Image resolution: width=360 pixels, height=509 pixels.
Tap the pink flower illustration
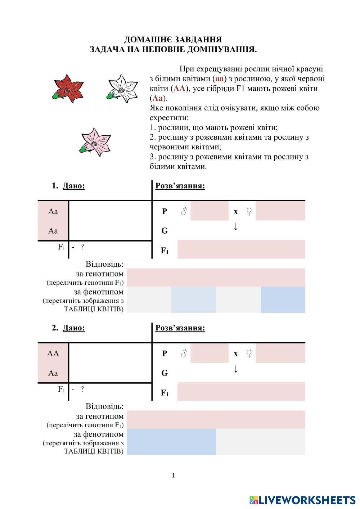[95, 142]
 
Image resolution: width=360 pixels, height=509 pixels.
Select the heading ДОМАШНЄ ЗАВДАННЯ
[173, 40]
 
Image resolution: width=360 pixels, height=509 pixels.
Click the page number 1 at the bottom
[173, 476]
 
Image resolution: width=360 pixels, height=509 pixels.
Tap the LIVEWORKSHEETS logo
[302, 500]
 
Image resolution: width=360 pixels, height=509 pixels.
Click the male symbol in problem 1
[184, 211]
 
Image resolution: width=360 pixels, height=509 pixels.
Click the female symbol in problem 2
[249, 353]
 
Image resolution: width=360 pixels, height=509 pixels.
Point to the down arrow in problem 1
[236, 226]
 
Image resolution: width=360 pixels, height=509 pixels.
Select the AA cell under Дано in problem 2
[53, 353]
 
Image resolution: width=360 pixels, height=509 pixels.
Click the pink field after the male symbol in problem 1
[209, 211]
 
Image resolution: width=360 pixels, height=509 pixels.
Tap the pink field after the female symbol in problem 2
[280, 353]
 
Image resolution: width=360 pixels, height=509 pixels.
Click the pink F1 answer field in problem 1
[241, 249]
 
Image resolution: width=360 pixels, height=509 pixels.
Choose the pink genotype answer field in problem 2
[216, 420]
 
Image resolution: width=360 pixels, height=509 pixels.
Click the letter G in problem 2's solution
[165, 373]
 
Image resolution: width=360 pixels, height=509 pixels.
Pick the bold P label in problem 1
[165, 211]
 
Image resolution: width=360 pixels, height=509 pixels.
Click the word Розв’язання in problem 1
[180, 186]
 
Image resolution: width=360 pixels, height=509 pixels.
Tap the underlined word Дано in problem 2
[74, 328]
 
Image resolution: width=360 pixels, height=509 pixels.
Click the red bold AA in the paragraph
[179, 89]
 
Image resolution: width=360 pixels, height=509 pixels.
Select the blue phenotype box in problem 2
[171, 442]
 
